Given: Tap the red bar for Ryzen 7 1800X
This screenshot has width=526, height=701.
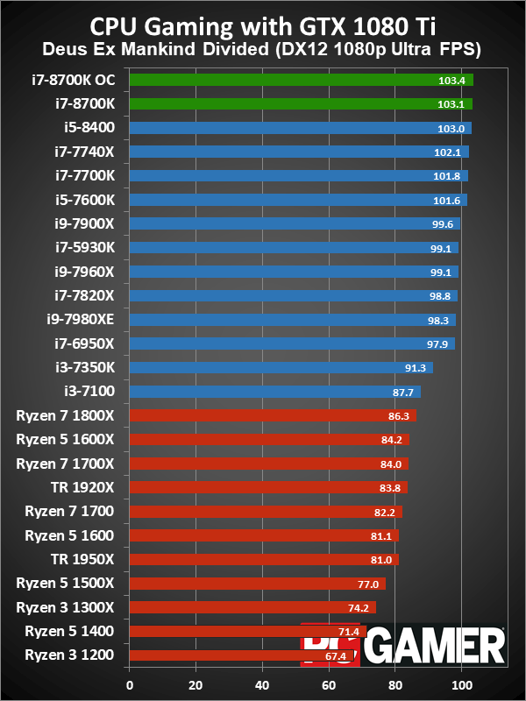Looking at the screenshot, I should coord(272,415).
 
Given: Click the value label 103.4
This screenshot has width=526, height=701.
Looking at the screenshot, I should coord(451,80).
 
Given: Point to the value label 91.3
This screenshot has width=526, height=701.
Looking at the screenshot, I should coord(414,367).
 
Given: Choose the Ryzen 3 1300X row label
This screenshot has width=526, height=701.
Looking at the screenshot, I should coord(69,607).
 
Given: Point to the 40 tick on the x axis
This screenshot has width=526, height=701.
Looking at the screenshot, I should coord(262,685).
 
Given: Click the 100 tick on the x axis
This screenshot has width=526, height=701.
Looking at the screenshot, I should coord(462,685).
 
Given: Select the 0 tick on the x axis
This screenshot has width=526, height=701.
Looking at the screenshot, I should coord(130,685).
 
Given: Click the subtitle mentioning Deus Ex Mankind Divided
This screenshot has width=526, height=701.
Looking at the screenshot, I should coord(262,45).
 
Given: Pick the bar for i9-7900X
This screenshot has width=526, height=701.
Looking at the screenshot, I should coord(295,223).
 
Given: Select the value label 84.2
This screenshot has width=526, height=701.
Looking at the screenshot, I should coord(390,440).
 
